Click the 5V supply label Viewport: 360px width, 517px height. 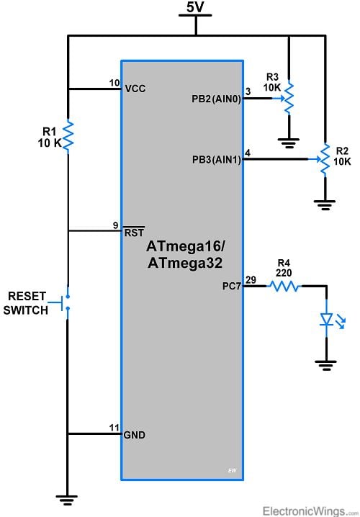pyautogui.click(x=195, y=8)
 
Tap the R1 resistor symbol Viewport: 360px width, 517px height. pyautogui.click(x=67, y=137)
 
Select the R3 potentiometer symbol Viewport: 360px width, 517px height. pyautogui.click(x=288, y=99)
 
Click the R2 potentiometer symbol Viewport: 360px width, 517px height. pyautogui.click(x=325, y=158)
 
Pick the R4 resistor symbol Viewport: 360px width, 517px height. pyautogui.click(x=284, y=286)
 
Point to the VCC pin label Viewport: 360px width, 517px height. pyautogui.click(x=135, y=89)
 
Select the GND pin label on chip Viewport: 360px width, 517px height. pyautogui.click(x=135, y=434)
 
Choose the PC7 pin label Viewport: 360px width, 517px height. pyautogui.click(x=233, y=286)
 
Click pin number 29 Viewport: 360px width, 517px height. pyautogui.click(x=251, y=279)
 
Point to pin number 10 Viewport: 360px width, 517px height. pyautogui.click(x=114, y=83)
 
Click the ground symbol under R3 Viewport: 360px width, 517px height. pyautogui.click(x=288, y=141)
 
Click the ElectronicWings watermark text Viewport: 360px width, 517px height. pyautogui.click(x=308, y=510)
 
